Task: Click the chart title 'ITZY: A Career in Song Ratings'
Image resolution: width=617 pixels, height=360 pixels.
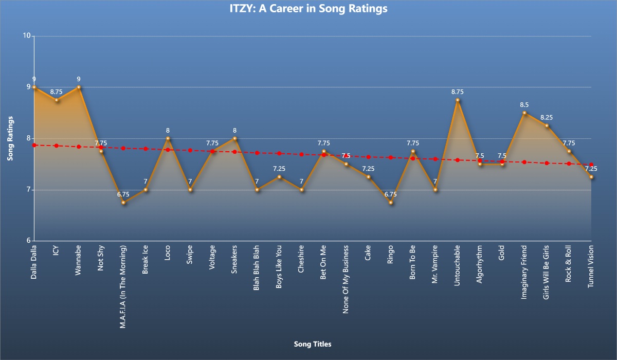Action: coord(308,9)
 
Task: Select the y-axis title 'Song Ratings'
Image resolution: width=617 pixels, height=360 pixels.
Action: coord(10,138)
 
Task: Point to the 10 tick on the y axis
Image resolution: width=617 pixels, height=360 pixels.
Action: coord(26,36)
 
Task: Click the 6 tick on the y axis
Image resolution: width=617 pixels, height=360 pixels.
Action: coord(28,241)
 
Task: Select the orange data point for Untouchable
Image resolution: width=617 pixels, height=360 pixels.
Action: coord(458,100)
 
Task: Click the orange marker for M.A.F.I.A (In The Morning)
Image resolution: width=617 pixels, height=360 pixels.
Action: coord(123,203)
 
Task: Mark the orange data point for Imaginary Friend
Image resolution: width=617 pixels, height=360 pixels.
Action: coord(524,113)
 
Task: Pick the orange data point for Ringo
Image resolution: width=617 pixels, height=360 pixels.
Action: coord(391,203)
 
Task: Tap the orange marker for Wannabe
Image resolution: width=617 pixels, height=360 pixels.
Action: coord(79,87)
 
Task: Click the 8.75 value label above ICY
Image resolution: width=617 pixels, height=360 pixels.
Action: coord(57,92)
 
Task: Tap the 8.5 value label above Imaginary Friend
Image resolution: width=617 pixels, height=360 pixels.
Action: coord(524,105)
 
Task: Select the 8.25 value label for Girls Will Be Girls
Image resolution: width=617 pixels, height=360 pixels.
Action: coord(547,118)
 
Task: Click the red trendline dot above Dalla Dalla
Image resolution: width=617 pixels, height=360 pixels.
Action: coord(34,145)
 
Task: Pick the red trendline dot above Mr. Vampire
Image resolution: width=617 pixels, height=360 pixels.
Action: coord(435,159)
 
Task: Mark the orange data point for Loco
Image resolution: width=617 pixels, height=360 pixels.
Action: coord(168,138)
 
